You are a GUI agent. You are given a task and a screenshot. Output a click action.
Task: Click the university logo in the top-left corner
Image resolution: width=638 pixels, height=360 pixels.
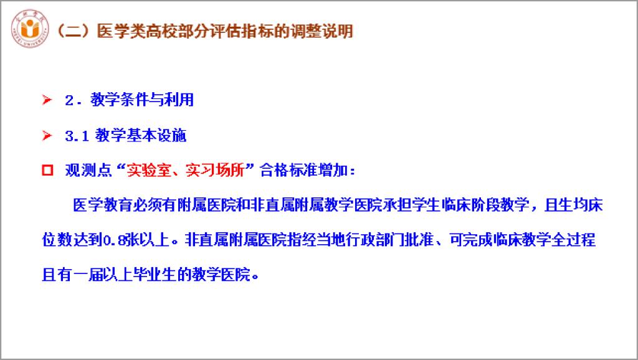pyautogui.click(x=30, y=29)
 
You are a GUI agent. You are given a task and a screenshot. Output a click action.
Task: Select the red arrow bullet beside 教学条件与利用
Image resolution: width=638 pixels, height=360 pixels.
pyautogui.click(x=47, y=100)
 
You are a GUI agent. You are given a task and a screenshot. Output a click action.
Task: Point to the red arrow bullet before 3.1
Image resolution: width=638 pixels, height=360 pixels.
pyautogui.click(x=47, y=135)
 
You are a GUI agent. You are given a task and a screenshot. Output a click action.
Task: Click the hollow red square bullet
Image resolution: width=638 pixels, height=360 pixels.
pyautogui.click(x=47, y=170)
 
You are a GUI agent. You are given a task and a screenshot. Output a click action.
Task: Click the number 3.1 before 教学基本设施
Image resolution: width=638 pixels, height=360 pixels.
pyautogui.click(x=77, y=136)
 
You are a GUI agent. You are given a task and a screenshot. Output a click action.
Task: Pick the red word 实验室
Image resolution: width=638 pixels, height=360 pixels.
pyautogui.click(x=148, y=170)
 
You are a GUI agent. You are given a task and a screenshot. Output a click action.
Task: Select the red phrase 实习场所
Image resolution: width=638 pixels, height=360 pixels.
pyautogui.click(x=215, y=170)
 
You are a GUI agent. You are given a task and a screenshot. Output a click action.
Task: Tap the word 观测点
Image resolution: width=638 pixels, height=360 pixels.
pyautogui.click(x=88, y=170)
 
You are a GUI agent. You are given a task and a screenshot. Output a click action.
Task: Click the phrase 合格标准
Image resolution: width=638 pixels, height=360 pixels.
pyautogui.click(x=289, y=170)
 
